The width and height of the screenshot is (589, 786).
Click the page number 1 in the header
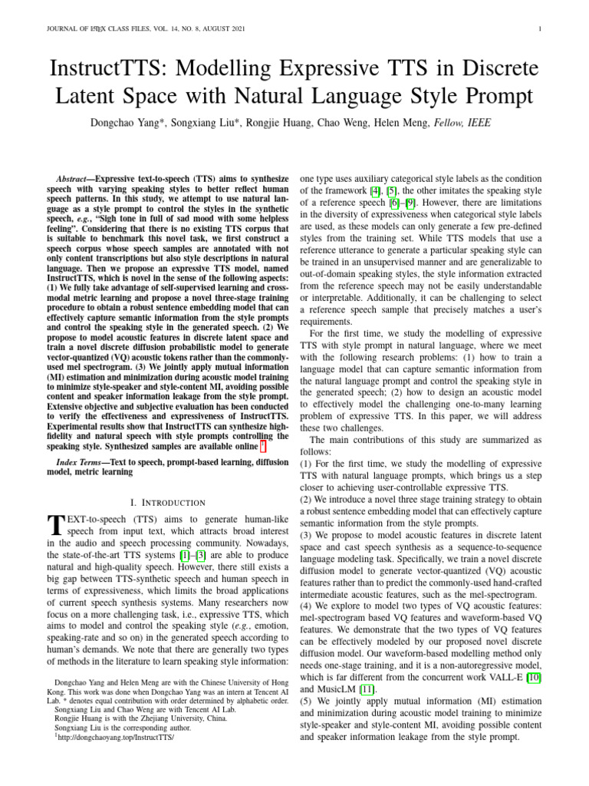tap(541, 30)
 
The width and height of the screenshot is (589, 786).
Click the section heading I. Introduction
tap(168, 502)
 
